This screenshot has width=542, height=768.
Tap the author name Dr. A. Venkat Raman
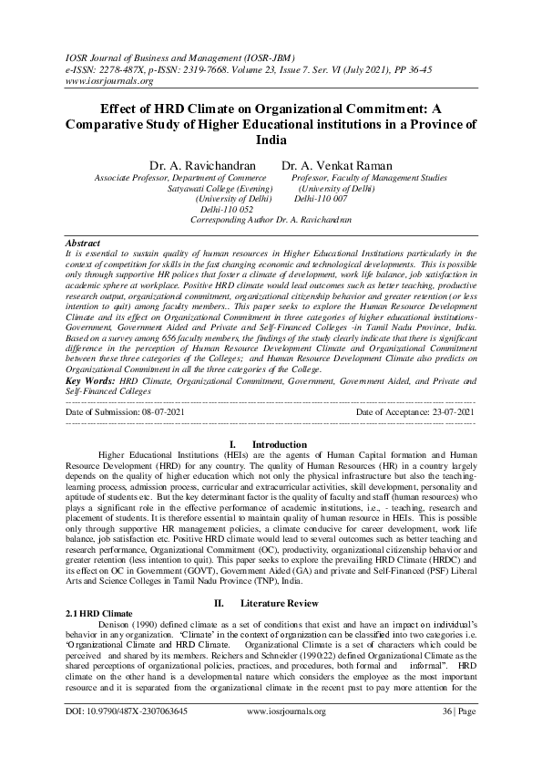coord(336,166)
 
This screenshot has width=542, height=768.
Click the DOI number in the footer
coord(127,735)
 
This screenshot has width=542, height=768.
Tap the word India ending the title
coord(271,140)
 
